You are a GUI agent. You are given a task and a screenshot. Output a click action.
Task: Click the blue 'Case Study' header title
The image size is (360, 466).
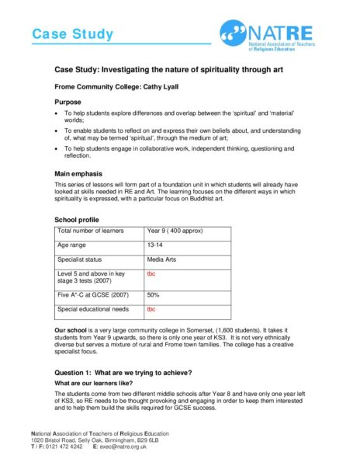pos(72,34)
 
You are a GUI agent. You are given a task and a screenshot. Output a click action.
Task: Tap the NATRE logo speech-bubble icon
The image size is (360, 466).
pos(234,31)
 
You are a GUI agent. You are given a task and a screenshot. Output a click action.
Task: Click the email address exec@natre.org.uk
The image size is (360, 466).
pos(126,448)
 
